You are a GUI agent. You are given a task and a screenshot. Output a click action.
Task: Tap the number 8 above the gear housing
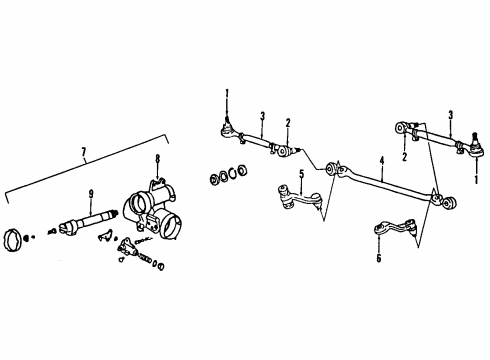tap(157, 158)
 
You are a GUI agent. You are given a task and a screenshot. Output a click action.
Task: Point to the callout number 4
tap(381, 158)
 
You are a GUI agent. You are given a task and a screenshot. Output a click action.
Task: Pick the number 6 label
tap(378, 258)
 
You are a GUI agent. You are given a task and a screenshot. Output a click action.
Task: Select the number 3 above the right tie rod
tap(451, 114)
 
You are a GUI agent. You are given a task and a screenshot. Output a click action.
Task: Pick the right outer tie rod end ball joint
tap(471, 151)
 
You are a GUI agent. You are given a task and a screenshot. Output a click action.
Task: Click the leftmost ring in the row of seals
tap(211, 180)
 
